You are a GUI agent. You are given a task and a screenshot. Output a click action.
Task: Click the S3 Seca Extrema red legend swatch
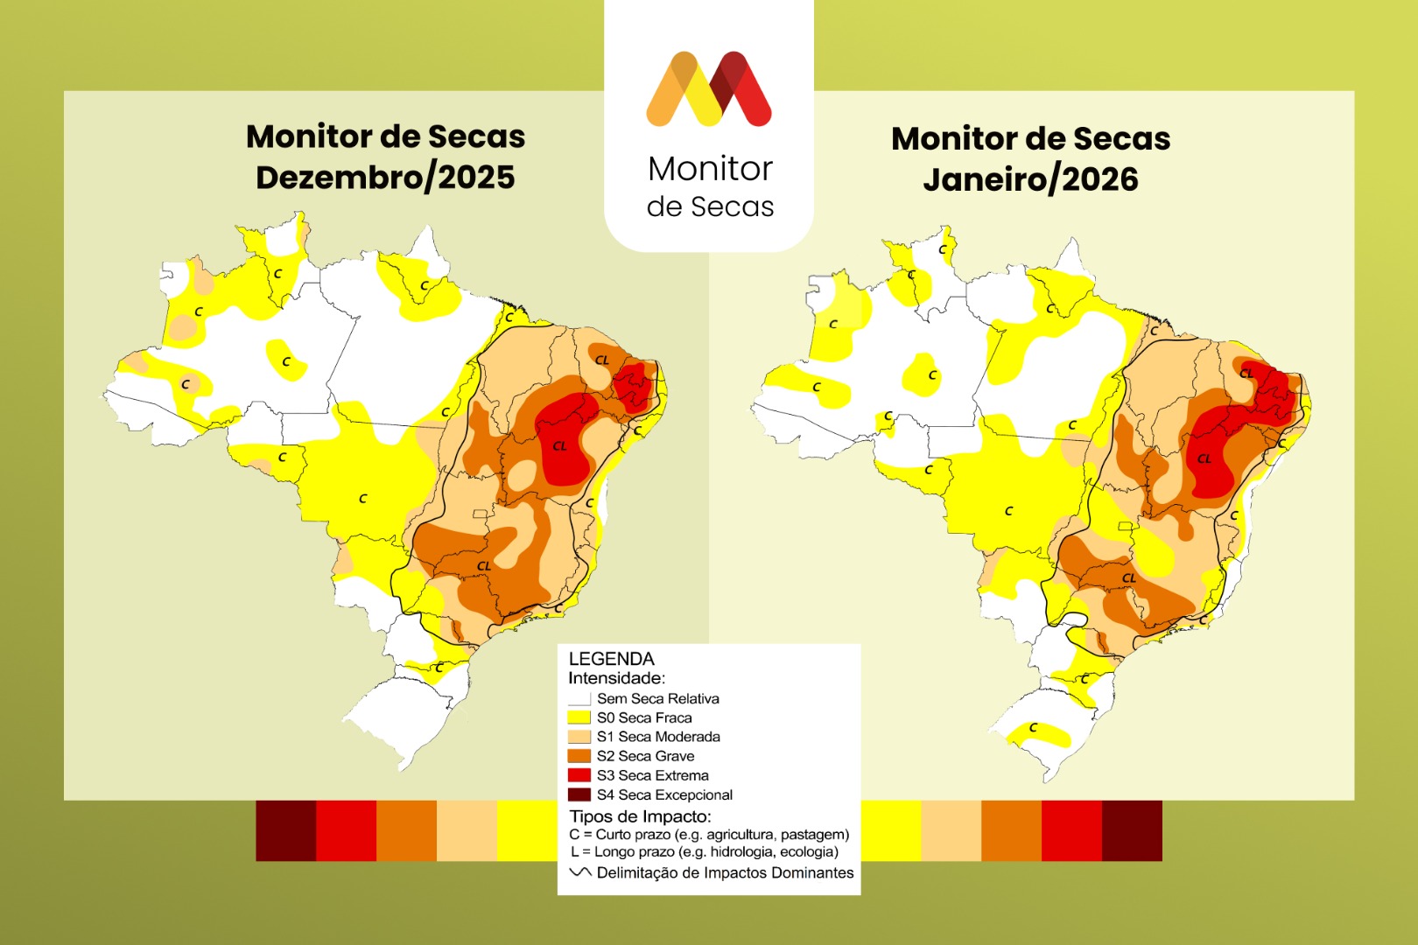click(x=579, y=775)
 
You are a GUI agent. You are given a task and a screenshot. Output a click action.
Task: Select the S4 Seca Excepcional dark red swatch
click(x=579, y=794)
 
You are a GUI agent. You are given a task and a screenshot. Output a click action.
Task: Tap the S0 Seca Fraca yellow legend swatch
click(x=579, y=717)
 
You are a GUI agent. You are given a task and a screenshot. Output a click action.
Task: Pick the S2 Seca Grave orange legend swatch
click(x=579, y=756)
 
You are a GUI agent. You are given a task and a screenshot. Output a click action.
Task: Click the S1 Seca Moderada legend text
click(x=658, y=737)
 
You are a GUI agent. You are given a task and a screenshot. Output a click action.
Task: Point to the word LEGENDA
click(x=611, y=659)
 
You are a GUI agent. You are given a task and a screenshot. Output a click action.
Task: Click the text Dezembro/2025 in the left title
click(x=385, y=178)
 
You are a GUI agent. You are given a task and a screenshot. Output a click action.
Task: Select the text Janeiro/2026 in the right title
click(x=1030, y=179)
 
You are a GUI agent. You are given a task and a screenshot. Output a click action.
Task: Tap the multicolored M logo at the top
click(x=709, y=88)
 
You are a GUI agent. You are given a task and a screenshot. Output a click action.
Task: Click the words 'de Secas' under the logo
click(x=710, y=206)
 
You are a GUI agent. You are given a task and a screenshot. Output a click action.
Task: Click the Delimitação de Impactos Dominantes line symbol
click(x=580, y=872)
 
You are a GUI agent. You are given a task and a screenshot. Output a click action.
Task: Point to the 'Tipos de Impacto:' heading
click(x=640, y=816)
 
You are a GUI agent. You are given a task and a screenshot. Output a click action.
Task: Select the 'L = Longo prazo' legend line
click(x=704, y=851)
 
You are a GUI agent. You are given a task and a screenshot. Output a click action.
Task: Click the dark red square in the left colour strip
click(x=285, y=830)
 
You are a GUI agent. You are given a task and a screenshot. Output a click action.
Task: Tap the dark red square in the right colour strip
click(x=1132, y=830)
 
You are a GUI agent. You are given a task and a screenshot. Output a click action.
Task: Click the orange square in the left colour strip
click(x=406, y=830)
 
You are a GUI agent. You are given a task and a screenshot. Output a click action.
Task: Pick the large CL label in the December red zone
click(x=560, y=446)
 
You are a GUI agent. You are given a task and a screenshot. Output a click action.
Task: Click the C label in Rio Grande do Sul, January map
click(x=1034, y=727)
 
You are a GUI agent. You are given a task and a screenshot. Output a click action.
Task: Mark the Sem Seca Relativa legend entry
click(x=657, y=698)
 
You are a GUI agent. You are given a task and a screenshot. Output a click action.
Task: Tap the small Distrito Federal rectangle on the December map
click(x=480, y=514)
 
